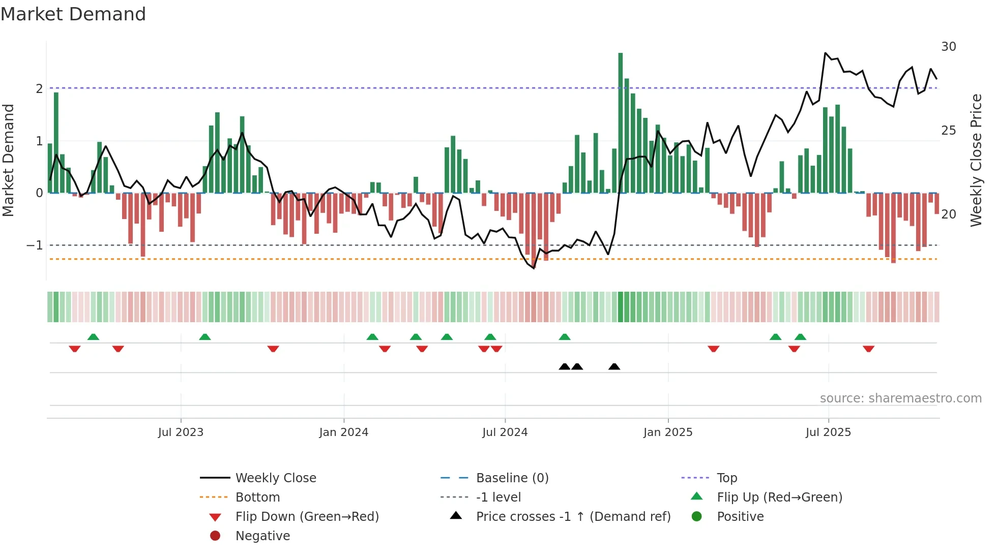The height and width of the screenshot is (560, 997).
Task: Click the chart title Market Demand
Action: (73, 14)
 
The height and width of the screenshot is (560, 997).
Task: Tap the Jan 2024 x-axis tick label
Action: (343, 432)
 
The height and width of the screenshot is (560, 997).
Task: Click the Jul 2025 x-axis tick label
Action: (828, 432)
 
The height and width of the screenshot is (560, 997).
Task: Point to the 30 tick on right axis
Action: (948, 47)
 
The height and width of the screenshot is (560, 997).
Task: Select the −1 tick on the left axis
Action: (35, 245)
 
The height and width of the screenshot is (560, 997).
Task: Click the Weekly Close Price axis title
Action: (976, 160)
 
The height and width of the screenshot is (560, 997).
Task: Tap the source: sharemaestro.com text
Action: (900, 398)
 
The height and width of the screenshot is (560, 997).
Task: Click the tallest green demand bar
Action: (620, 122)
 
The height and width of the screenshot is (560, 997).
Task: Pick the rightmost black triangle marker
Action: (614, 367)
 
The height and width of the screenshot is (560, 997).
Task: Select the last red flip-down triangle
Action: (868, 349)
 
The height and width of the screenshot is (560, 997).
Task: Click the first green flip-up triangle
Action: (93, 337)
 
